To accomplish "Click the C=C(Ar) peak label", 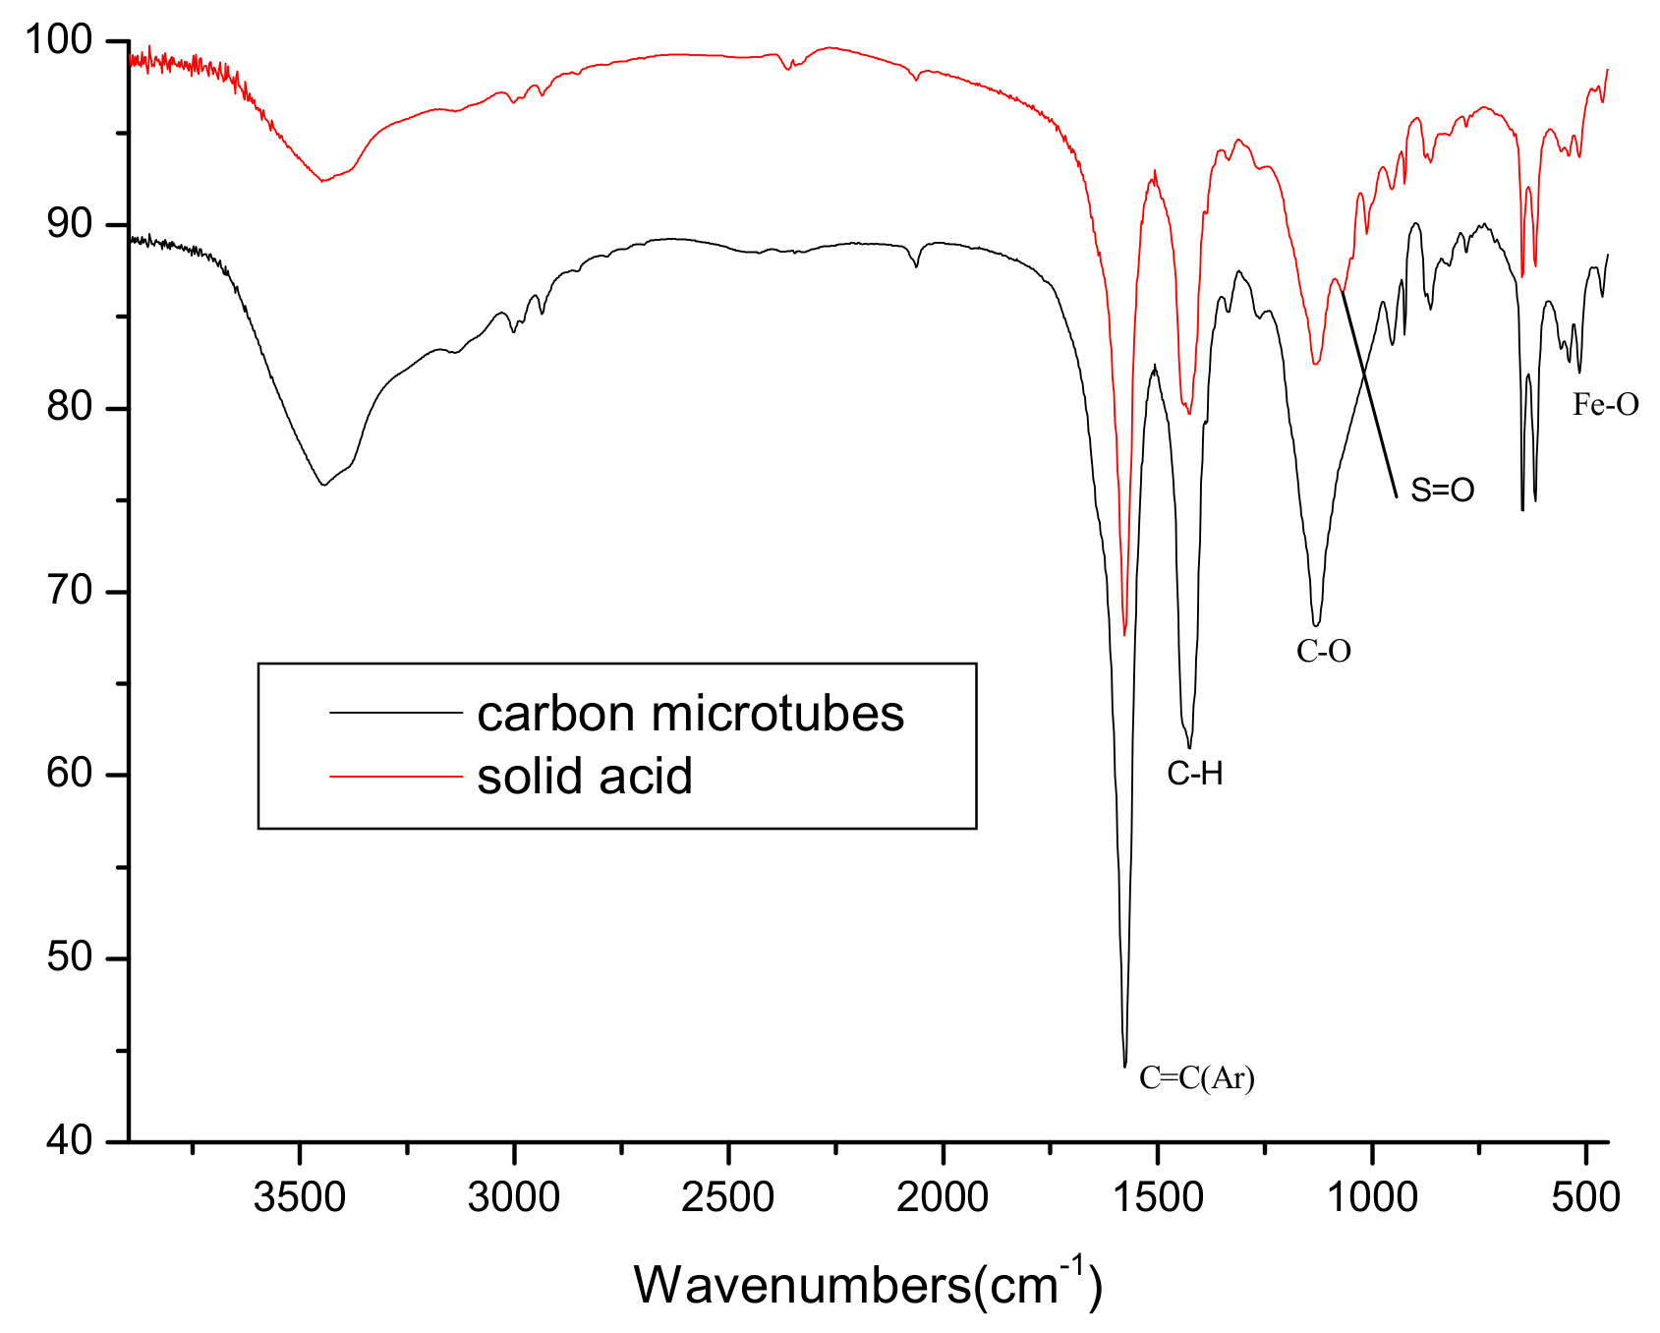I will click(1196, 1078).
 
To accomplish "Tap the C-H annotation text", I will click(1195, 774).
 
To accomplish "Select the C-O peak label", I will click(1323, 651).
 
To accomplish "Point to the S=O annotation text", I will click(1442, 490).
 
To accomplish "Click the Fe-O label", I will click(1605, 404).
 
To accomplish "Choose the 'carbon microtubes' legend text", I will click(690, 714).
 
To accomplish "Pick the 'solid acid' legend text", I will click(585, 777).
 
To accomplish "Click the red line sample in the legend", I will click(395, 777).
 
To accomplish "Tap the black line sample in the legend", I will click(395, 712).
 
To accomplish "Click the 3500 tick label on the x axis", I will click(300, 1197).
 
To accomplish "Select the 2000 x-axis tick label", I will click(944, 1197).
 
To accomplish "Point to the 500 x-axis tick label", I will click(1585, 1197).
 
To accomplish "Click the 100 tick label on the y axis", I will click(58, 40).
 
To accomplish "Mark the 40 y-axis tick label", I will click(69, 1141).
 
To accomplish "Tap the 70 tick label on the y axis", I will click(69, 591).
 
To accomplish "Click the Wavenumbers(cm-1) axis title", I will click(867, 1283).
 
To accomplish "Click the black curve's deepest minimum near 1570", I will click(1124, 1066).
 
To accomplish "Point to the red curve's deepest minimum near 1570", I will click(1124, 634).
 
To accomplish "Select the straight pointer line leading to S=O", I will click(1369, 393).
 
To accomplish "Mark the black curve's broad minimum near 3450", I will click(322, 484).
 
